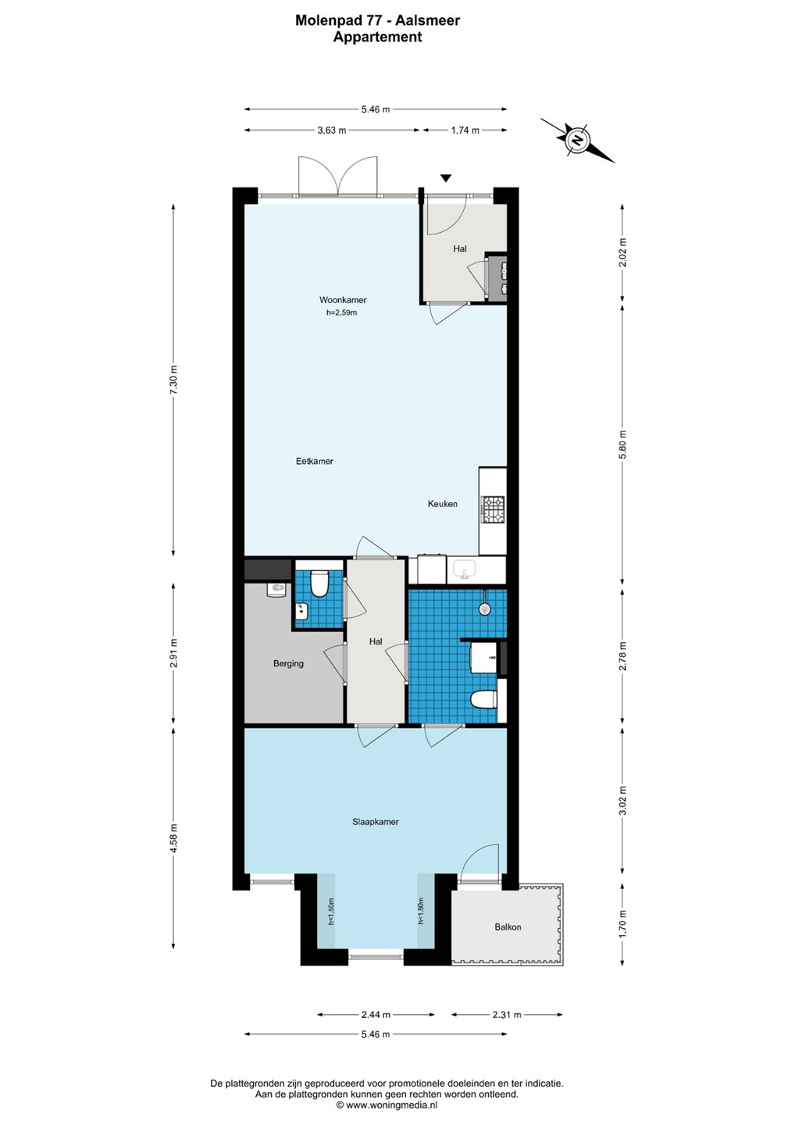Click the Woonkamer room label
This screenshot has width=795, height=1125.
[x=343, y=300]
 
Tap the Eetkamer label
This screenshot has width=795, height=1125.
[x=314, y=461]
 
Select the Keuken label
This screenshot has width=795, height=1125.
[x=442, y=504]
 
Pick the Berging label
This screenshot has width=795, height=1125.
[x=288, y=663]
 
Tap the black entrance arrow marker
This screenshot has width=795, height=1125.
[x=446, y=178]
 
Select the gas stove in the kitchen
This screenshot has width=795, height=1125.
[x=493, y=509]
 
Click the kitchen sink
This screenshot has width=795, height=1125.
[x=464, y=570]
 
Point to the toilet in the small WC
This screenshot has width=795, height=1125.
[x=318, y=584]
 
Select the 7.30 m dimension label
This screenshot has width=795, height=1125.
[x=173, y=380]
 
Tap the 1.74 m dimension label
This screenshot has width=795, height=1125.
[x=465, y=130]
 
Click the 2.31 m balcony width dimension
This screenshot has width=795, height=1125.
[x=507, y=1015]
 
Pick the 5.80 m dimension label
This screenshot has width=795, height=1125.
[x=622, y=445]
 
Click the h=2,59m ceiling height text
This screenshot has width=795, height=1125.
[x=341, y=312]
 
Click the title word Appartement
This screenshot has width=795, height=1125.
[x=377, y=37]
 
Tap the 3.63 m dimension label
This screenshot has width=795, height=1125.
[x=332, y=130]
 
